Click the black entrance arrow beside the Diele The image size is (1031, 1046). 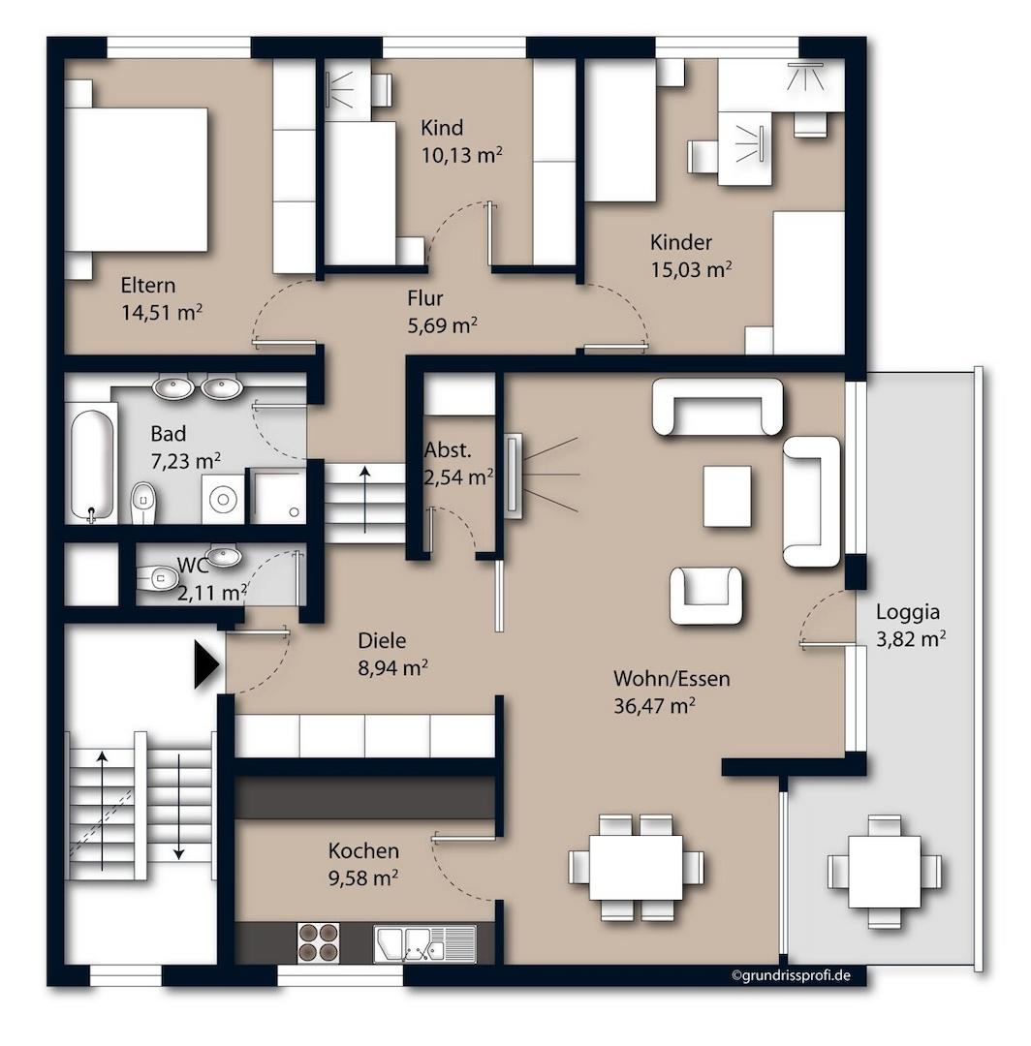(206, 664)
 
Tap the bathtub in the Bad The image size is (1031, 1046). (93, 464)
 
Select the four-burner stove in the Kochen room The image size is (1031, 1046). (317, 941)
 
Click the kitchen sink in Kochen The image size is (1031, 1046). (424, 943)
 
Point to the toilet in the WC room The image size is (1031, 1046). (158, 577)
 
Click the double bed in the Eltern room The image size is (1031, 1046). (137, 179)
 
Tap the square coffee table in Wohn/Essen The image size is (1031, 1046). (727, 496)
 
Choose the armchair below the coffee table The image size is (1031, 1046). (705, 595)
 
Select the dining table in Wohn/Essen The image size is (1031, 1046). (636, 867)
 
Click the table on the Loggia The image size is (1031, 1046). (884, 872)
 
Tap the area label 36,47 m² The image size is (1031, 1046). (655, 706)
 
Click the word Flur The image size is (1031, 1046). (425, 298)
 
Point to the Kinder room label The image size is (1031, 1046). (680, 241)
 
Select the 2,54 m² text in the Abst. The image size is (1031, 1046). (458, 477)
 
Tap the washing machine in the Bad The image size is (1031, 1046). (223, 499)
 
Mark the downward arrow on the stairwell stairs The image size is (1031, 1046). (179, 806)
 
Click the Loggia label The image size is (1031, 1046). (908, 612)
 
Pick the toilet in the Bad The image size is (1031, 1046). (143, 503)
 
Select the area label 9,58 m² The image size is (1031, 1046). (363, 877)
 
